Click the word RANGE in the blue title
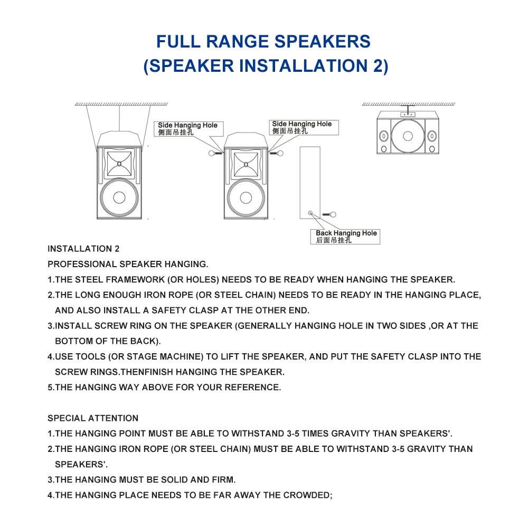click(x=237, y=42)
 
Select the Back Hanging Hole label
click(x=345, y=237)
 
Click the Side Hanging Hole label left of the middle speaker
click(x=188, y=129)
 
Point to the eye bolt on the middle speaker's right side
click(x=277, y=154)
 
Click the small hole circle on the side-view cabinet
click(x=310, y=213)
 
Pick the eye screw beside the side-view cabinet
click(x=329, y=214)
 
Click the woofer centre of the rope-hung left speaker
click(x=119, y=197)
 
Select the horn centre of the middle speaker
click(x=246, y=165)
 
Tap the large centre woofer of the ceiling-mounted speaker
click(x=408, y=136)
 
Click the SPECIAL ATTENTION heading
click(x=93, y=418)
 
